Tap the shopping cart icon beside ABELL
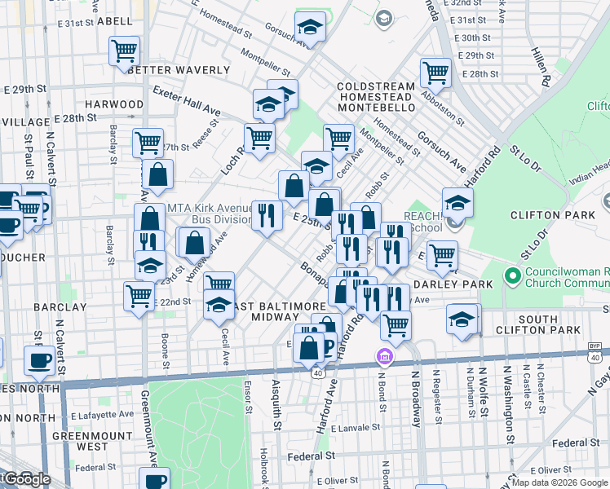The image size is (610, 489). [125, 51]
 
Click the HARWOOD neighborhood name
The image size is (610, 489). [114, 104]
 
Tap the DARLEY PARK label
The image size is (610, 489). [453, 284]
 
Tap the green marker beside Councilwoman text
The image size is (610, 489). [513, 276]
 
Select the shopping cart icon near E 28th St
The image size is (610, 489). [436, 73]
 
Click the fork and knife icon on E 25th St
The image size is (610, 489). [267, 216]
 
